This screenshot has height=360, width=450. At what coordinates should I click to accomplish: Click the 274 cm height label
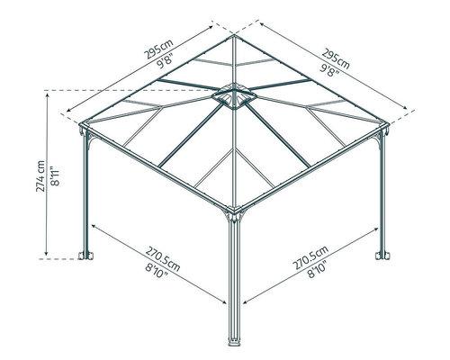(40, 176)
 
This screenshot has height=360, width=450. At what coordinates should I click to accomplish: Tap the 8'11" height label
(56, 175)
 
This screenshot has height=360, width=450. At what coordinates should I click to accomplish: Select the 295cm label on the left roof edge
(158, 49)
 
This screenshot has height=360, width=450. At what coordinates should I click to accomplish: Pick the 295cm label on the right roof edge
(336, 58)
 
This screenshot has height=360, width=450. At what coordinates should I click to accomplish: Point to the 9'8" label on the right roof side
(329, 70)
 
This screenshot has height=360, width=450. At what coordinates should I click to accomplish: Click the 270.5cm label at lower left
(163, 259)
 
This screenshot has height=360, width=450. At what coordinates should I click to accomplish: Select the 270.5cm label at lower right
(310, 257)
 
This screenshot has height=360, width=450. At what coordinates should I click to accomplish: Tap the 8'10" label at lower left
(157, 272)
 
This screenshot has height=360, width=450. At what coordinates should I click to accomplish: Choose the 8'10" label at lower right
(317, 269)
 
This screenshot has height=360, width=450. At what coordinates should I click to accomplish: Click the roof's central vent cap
(234, 96)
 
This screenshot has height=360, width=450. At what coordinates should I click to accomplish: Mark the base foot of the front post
(234, 342)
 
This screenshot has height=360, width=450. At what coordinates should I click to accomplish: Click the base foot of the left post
(85, 256)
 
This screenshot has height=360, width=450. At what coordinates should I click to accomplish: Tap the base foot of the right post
(382, 256)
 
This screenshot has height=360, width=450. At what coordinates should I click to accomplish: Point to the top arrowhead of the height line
(47, 95)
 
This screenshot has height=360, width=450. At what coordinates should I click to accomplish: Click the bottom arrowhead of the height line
(46, 253)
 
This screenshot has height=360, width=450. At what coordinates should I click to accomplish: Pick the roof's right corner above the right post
(388, 123)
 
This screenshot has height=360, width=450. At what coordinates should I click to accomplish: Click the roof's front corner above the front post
(235, 209)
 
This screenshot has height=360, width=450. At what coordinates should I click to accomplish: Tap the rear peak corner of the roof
(234, 35)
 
